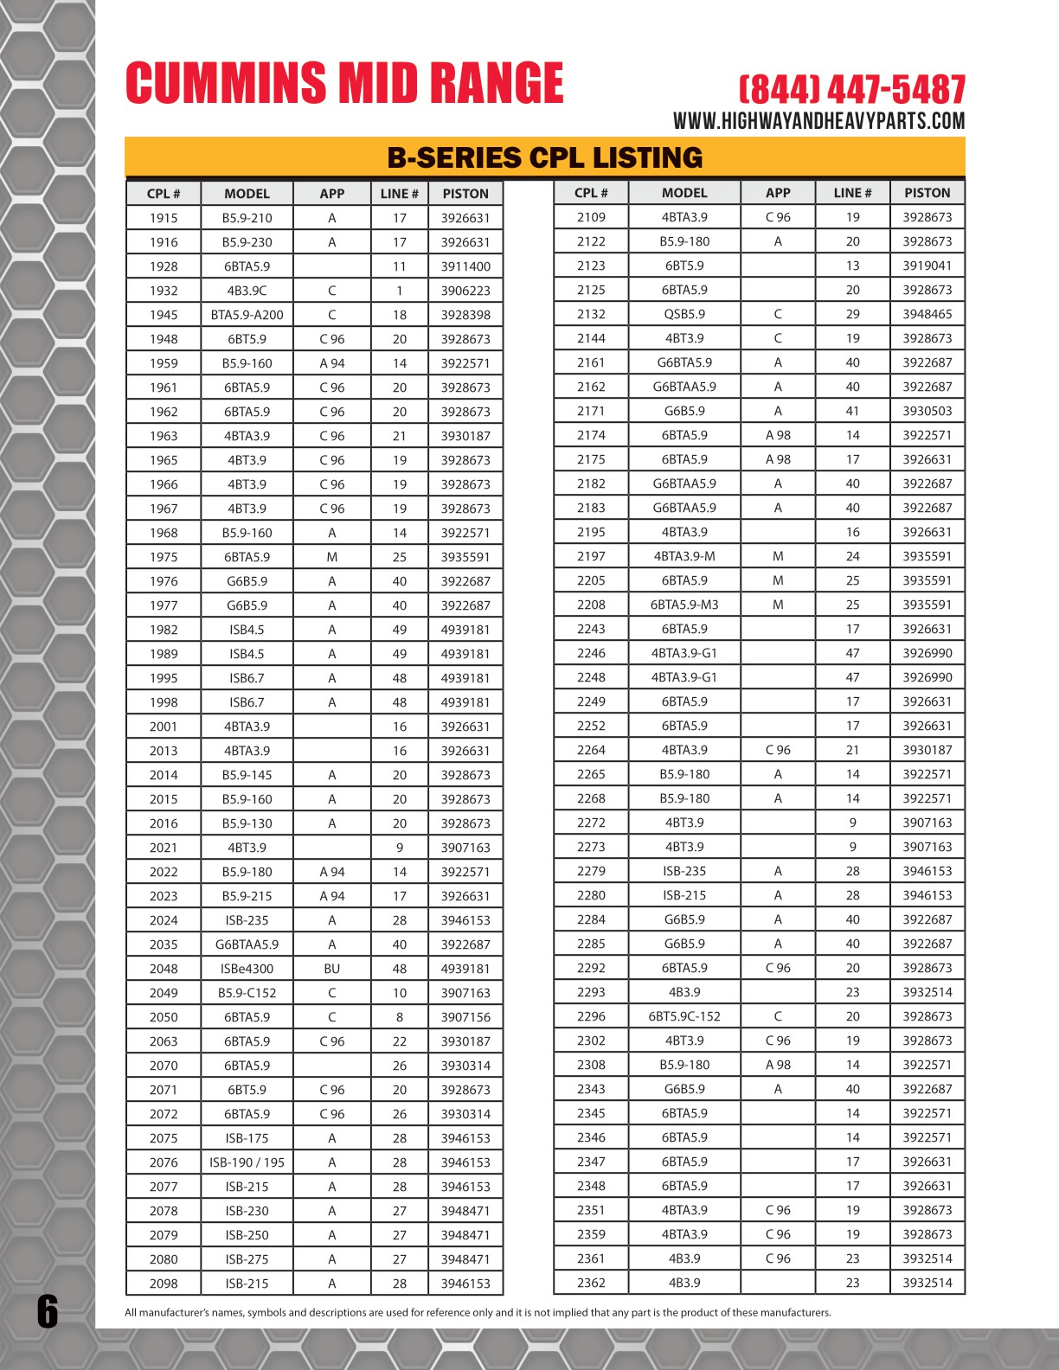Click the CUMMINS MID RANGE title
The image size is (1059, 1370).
point(344,83)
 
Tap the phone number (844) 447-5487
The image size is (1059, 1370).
point(851,90)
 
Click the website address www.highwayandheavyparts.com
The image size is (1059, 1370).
point(818,121)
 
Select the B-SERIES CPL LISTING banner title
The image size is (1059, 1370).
point(544,157)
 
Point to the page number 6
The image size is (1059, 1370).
point(48,1311)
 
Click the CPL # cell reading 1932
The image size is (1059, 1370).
point(164,291)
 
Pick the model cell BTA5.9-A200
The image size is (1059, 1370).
point(247,315)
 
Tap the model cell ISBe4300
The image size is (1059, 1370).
point(247,969)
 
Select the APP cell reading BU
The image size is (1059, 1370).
point(331,969)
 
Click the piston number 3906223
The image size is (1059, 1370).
point(465,291)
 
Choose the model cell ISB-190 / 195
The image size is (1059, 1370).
point(247,1162)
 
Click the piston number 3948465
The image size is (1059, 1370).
point(927,314)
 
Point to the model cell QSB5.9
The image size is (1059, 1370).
point(684,314)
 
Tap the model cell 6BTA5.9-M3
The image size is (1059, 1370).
point(684,605)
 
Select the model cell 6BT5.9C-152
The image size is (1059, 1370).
point(684,1016)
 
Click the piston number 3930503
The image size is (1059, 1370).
point(927,411)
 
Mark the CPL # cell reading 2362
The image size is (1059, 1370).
point(591,1283)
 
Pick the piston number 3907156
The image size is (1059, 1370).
point(465,1017)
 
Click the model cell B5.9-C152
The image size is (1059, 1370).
point(247,993)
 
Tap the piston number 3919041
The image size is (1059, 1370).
point(927,266)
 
